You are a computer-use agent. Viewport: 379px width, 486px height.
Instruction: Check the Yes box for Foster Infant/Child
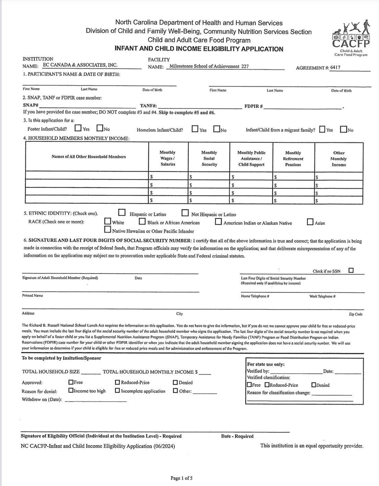pos(78,128)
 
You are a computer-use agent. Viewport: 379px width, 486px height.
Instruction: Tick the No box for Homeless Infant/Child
pos(217,129)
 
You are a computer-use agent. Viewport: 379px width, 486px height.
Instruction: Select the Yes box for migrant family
pos(322,129)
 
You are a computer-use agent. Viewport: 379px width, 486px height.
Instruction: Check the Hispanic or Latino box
pos(122,213)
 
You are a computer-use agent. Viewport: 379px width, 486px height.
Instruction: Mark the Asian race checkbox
pos(310,222)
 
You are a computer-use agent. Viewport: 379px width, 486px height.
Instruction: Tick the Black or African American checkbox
pos(142,222)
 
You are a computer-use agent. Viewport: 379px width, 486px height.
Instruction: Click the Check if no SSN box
pos(351,270)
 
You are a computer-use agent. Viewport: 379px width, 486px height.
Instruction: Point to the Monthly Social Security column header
pos(209,158)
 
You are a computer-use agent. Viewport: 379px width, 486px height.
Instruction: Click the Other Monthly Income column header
pos(339,159)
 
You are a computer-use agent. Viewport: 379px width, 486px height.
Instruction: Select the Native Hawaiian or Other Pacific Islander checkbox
pos(108,230)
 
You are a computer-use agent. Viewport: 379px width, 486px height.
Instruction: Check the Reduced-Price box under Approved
pos(117,382)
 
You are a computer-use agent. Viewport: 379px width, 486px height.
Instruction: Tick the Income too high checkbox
pos(71,391)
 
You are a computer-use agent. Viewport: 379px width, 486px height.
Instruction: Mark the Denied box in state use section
pos(314,385)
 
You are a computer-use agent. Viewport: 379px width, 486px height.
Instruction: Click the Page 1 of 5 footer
pos(184,478)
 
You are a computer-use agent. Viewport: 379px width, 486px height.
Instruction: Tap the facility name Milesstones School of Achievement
pos(207,66)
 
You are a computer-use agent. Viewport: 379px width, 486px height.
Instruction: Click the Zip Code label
pos(356,314)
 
